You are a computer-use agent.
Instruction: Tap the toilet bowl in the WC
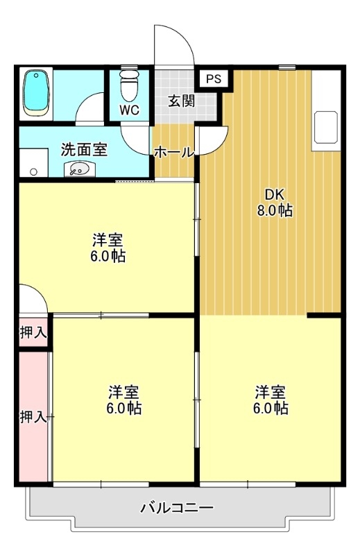coord(128,87)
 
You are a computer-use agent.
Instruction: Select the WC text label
coord(129,110)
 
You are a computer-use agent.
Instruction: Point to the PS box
coord(214,78)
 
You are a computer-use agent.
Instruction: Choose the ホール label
coord(173,152)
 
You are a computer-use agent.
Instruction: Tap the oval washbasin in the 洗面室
coord(79,169)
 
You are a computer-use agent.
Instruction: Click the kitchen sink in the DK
coord(325,128)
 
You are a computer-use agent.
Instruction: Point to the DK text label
coord(274,194)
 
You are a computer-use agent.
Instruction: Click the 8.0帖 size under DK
coord(275,211)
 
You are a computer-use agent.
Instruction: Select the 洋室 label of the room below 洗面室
coord(108,240)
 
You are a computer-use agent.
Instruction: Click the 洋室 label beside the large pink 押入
coord(124,391)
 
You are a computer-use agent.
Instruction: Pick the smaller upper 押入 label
coord(33,332)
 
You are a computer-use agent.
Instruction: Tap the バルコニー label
coord(178,508)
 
